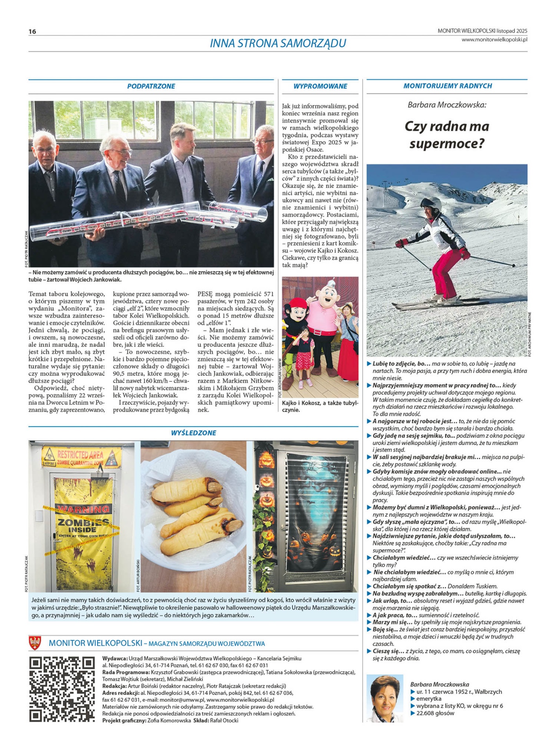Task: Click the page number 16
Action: tap(32, 31)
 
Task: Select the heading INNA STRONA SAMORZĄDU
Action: tap(278, 43)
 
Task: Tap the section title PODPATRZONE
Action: tap(151, 86)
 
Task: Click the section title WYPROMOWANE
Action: tap(320, 86)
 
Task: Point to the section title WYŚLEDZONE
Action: tap(193, 433)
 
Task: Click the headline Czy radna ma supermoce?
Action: tap(447, 135)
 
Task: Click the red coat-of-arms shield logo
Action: tap(35, 643)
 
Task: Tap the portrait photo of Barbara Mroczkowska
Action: tap(385, 698)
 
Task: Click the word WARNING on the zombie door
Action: tap(83, 509)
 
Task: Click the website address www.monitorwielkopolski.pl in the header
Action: tap(494, 39)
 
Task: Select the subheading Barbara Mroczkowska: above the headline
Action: tap(447, 105)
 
